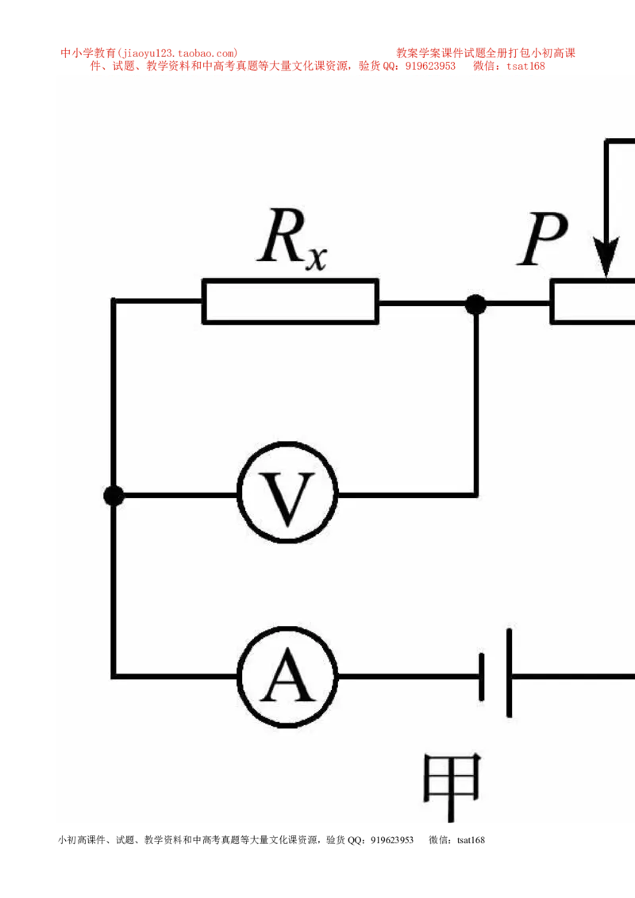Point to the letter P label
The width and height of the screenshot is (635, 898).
point(542,238)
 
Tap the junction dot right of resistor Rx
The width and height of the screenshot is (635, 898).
point(475,304)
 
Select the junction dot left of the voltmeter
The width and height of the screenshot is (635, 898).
point(114,495)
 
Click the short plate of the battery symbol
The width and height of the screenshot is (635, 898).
point(481,677)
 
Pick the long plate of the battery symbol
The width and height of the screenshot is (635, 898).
point(509,673)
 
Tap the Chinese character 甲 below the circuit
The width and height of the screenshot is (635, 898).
point(452,785)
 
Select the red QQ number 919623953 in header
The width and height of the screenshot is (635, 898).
point(430,66)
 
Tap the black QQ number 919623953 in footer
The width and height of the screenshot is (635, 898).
point(392,840)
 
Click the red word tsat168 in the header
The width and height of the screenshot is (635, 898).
point(525,66)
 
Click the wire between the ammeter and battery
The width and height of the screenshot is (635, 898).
point(409,677)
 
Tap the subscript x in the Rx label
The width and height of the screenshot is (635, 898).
point(316,259)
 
